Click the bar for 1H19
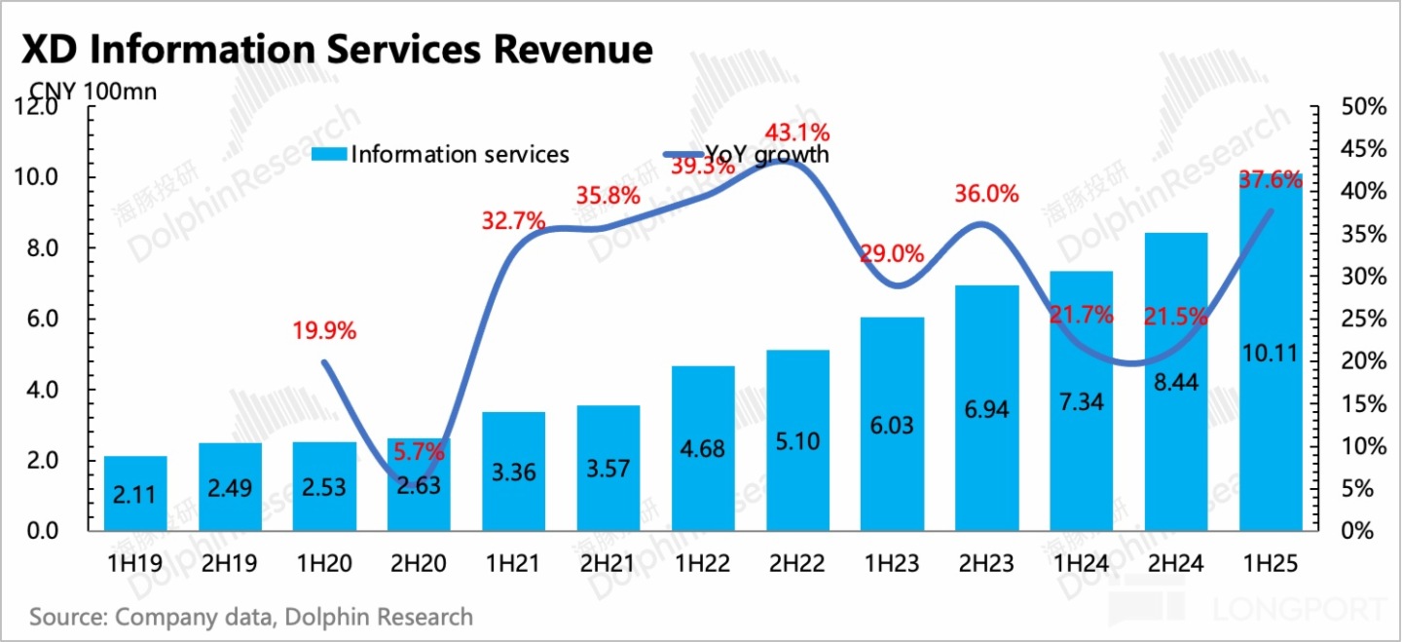[135, 493]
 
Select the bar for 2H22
[797, 440]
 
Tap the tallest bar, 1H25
[1271, 351]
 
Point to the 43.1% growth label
[797, 132]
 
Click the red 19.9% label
[324, 330]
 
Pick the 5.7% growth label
[419, 452]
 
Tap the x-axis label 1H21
[513, 564]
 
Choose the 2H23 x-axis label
[986, 564]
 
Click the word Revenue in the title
[564, 49]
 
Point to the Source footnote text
[251, 617]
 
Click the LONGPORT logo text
[1299, 610]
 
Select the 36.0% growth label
[986, 194]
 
